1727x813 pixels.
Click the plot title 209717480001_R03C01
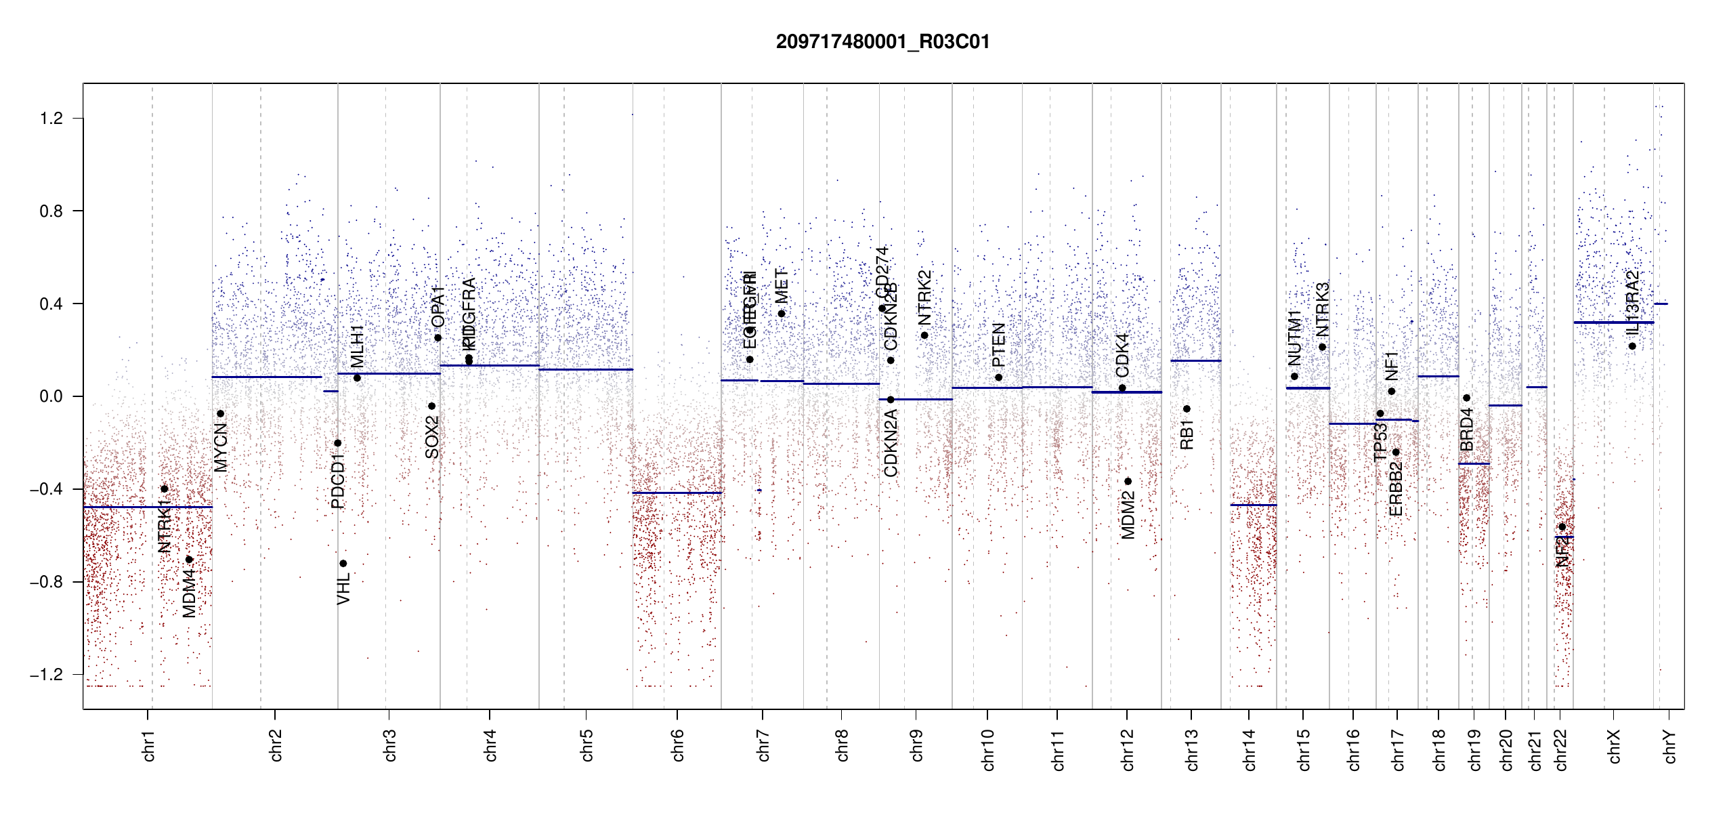pyautogui.click(x=882, y=42)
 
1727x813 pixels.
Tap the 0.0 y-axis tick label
pyautogui.click(x=51, y=396)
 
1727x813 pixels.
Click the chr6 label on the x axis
pyautogui.click(x=678, y=745)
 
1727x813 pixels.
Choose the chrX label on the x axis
pyautogui.click(x=1614, y=747)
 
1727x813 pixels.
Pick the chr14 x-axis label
pyautogui.click(x=1250, y=749)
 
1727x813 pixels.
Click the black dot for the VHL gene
pyautogui.click(x=343, y=564)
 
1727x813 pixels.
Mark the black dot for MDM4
pyautogui.click(x=190, y=560)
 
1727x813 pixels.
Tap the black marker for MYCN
pyautogui.click(x=220, y=414)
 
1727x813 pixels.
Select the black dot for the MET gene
pyautogui.click(x=782, y=314)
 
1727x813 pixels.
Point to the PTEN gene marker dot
pyautogui.click(x=998, y=377)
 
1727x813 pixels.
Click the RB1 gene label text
pyautogui.click(x=1187, y=434)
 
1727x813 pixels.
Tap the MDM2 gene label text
pyautogui.click(x=1128, y=516)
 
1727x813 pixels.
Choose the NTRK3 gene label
pyautogui.click(x=1323, y=310)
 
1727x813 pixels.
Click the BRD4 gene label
pyautogui.click(x=1466, y=430)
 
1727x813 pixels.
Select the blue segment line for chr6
pyautogui.click(x=677, y=493)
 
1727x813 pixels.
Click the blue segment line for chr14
pyautogui.click(x=1253, y=505)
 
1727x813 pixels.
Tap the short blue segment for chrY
pyautogui.click(x=1661, y=304)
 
